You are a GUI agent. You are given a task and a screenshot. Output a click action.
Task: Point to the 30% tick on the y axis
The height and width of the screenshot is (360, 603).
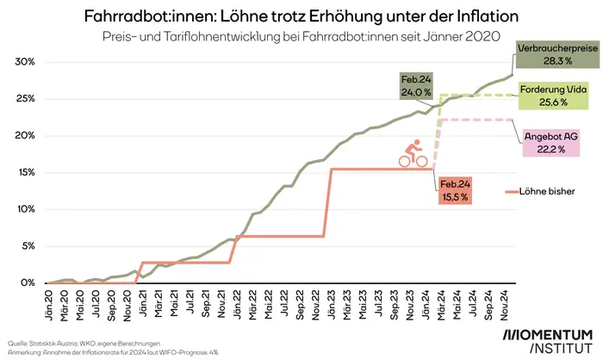point(25,62)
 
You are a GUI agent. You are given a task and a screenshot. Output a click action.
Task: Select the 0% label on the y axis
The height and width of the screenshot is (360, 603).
point(28,282)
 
